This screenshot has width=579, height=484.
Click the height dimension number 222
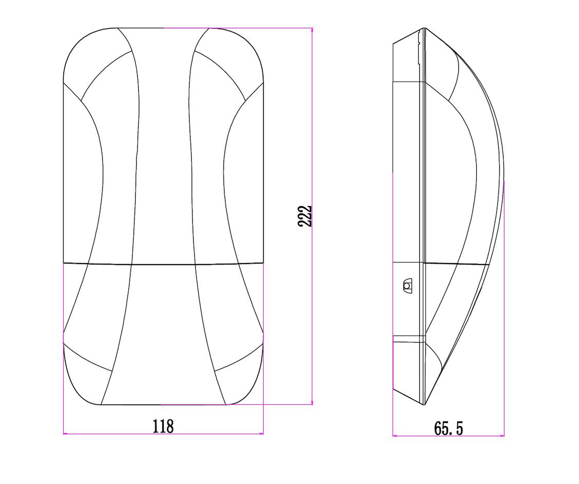[x=305, y=216]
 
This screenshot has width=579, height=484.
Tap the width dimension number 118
[x=163, y=426]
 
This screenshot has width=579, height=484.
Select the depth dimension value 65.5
[x=448, y=428]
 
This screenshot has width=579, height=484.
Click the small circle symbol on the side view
[x=407, y=286]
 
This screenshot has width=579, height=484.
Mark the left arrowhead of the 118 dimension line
[x=65, y=434]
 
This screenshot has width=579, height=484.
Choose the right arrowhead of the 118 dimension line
[x=261, y=434]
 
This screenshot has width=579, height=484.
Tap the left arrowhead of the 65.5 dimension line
[x=395, y=435]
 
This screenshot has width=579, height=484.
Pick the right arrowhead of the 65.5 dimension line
[x=502, y=435]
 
